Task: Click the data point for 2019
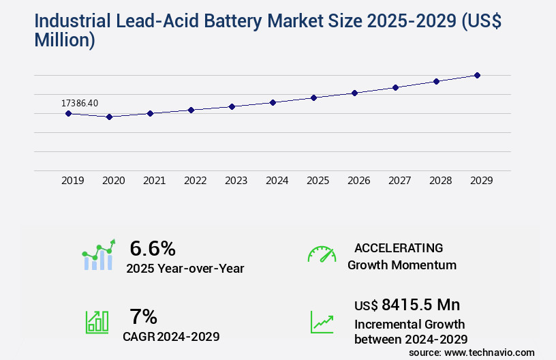coord(68,113)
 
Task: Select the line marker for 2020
coord(109,117)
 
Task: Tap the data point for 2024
coord(273,102)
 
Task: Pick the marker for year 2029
coord(477,75)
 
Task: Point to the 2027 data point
coord(395,87)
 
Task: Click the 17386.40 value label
coord(80,103)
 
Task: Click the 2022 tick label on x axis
coord(195,181)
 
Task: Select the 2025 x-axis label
coord(318,181)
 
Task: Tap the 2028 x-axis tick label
coord(440,181)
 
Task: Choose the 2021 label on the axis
coord(154,181)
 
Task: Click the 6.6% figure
coord(153,247)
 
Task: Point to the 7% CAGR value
coord(143,316)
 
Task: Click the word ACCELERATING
coord(399,247)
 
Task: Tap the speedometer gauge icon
coord(322,254)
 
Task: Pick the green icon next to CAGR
coord(97,322)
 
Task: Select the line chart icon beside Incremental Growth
coord(322,322)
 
